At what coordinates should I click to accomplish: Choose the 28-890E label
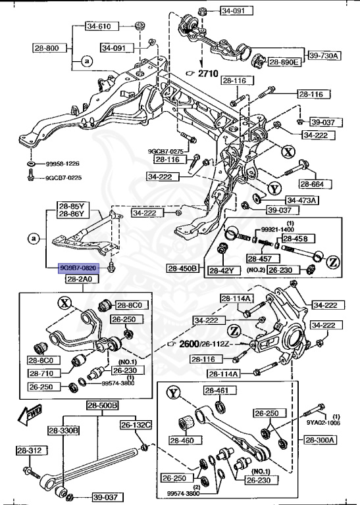tap(284, 62)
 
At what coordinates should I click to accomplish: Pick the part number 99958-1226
tap(63, 163)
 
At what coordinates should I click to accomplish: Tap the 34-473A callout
tap(301, 200)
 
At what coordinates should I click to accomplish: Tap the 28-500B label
tap(102, 406)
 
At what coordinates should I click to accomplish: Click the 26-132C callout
tap(136, 425)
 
